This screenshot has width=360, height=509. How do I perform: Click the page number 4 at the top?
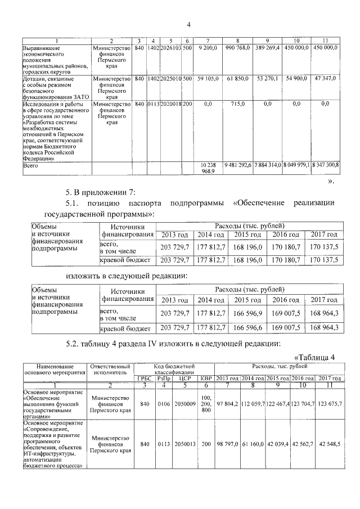tap(189, 24)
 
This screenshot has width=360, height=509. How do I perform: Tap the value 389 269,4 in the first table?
tap(267, 48)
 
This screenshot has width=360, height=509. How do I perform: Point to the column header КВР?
tap(205, 378)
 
